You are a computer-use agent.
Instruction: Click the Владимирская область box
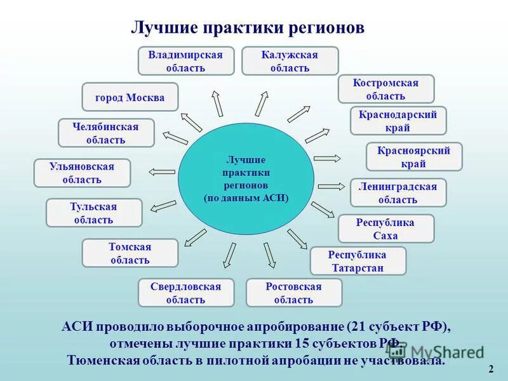coord(185,61)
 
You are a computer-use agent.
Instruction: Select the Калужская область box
coord(290,61)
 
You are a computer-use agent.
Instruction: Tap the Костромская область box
coord(385,89)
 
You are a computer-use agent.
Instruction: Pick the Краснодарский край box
coord(398,121)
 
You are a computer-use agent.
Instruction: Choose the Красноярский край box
coord(414,156)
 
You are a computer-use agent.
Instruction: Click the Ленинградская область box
coord(398,192)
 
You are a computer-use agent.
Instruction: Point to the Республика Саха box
coord(385,229)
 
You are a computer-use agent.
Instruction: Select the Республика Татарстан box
coord(358,260)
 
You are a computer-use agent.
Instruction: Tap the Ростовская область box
coord(293,293)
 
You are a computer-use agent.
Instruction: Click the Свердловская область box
coord(186,293)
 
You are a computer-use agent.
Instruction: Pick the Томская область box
coord(130,253)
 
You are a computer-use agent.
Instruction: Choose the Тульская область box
coord(93,213)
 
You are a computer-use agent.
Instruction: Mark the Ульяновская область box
coord(82,173)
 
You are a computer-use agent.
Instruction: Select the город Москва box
coord(130,97)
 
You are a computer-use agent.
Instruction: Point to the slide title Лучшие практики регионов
coord(248,28)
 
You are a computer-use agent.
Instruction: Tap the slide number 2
coord(491,369)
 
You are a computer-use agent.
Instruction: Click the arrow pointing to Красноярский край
coord(328,158)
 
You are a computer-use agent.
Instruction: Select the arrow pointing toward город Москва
coord(191,121)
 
